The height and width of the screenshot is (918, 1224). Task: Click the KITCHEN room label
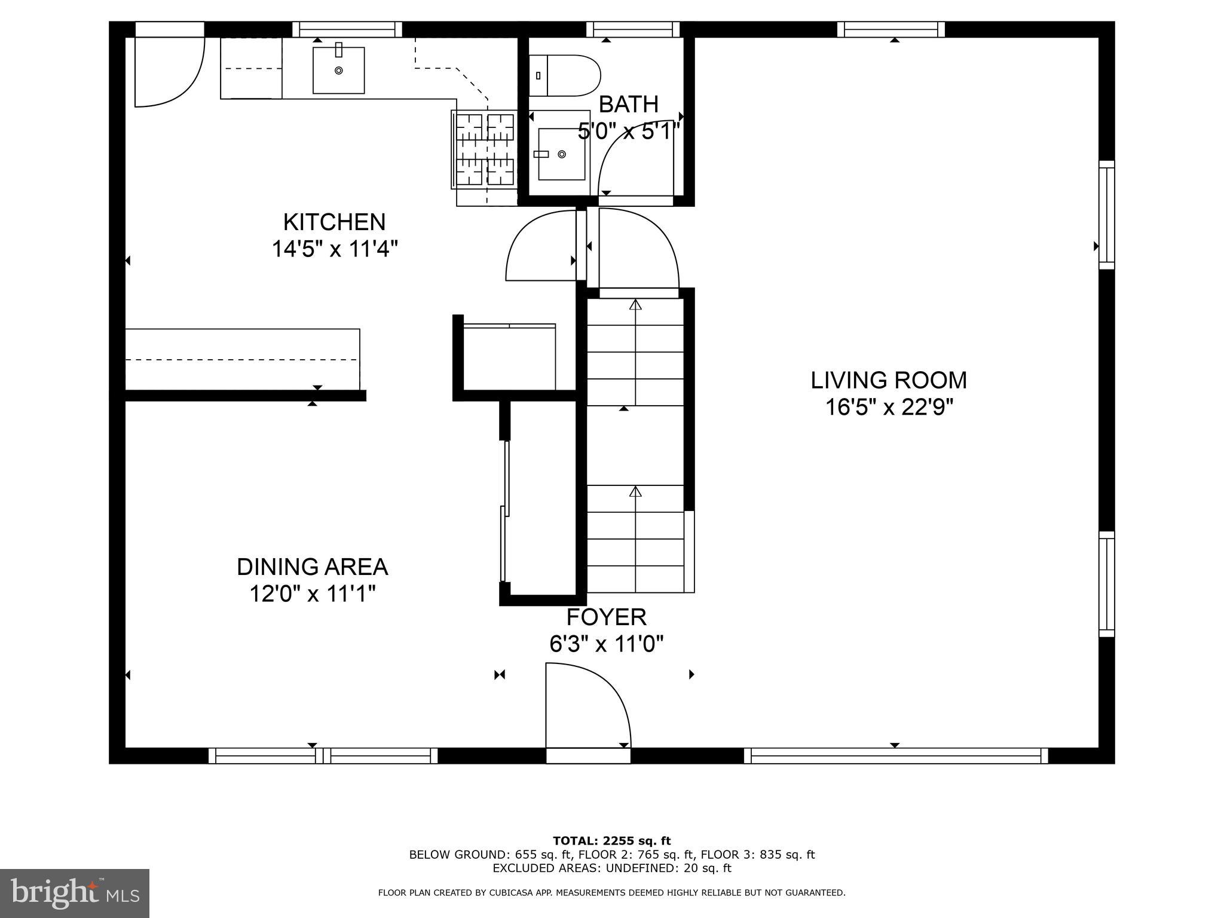[334, 222]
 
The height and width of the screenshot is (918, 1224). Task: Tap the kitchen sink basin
[338, 71]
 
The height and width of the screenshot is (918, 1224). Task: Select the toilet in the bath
[565, 76]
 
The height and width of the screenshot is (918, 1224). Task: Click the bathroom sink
[561, 154]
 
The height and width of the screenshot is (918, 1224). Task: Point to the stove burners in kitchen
[485, 149]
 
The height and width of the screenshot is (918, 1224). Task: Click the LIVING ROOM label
[888, 380]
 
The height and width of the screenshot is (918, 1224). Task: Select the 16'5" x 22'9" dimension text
[888, 408]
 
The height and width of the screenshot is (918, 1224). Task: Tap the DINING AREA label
[312, 567]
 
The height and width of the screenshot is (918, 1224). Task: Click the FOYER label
[606, 617]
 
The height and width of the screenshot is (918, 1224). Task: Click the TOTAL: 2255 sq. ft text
[611, 841]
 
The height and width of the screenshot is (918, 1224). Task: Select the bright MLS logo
[75, 893]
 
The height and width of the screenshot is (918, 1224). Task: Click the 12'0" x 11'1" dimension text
[312, 594]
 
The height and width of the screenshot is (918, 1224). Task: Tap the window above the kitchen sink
[347, 29]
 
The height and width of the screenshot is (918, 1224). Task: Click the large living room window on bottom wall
[895, 756]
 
